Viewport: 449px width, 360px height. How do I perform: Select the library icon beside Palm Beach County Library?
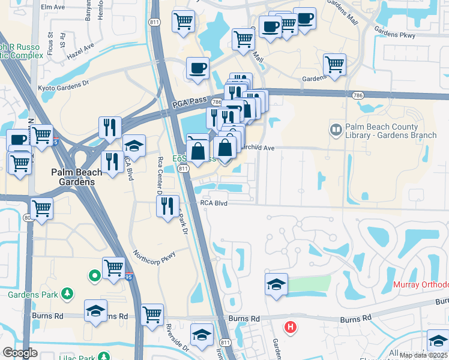click(x=336, y=129)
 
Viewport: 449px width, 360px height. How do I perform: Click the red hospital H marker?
click(x=291, y=328)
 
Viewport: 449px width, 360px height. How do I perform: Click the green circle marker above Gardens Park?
click(x=94, y=276)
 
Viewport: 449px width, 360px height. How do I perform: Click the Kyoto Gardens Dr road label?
click(x=63, y=88)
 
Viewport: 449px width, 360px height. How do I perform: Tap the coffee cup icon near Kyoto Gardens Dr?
click(x=197, y=68)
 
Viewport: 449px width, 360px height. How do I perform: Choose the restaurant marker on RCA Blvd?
click(x=167, y=206)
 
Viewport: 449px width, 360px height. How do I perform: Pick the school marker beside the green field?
click(x=276, y=284)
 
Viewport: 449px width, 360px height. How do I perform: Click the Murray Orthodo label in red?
click(x=421, y=284)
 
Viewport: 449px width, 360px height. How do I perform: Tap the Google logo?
click(x=20, y=353)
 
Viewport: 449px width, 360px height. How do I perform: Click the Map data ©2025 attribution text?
click(x=423, y=355)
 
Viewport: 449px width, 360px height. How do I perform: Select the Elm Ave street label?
click(x=53, y=7)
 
